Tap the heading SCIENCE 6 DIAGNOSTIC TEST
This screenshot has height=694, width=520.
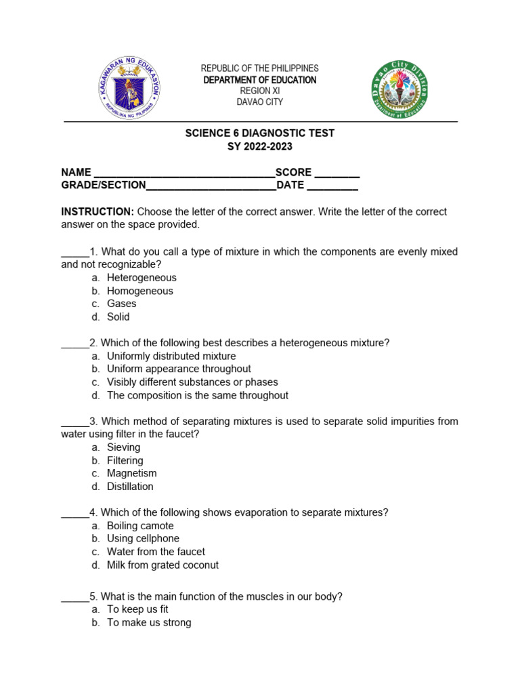pos(260,133)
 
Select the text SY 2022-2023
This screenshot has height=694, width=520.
pos(260,146)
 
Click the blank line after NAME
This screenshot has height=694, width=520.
pos(183,173)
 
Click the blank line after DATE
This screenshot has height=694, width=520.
pos(332,186)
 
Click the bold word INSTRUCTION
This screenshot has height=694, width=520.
pos(97,211)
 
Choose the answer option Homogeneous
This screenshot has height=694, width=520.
pos(139,291)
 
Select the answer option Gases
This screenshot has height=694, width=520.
pos(121,304)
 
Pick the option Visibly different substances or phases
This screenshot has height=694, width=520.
pos(192,382)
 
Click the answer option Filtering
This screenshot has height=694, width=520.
pos(125,460)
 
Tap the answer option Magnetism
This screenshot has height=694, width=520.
pos(131,473)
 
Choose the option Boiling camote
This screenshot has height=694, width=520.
pos(140,526)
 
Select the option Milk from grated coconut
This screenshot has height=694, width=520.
pos(162,565)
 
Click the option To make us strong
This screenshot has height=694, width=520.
pos(149,622)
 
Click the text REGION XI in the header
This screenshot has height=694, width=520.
pos(259,91)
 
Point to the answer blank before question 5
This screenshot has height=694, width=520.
pos(74,598)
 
